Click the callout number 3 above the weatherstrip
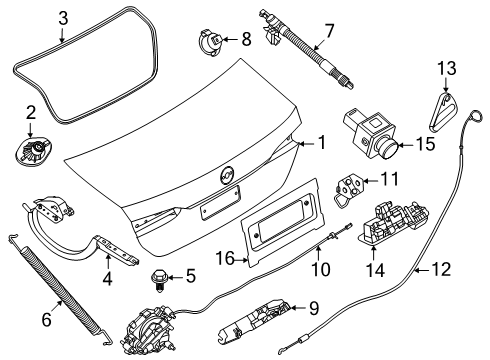tap(62, 17)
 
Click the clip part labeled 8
tap(212, 41)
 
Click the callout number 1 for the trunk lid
tap(322, 143)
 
